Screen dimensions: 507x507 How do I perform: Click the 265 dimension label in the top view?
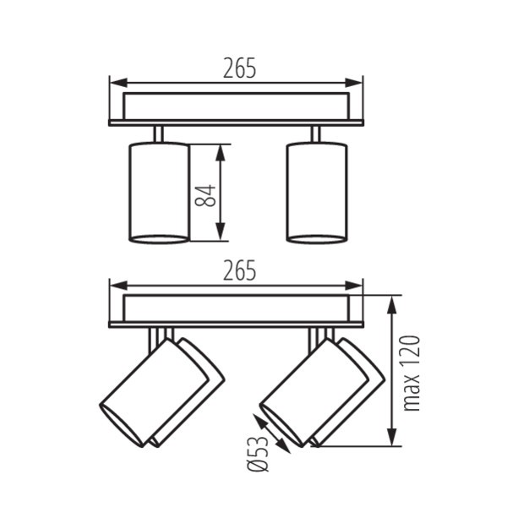tap(239, 68)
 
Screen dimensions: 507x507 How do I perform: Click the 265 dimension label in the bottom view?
tap(239, 270)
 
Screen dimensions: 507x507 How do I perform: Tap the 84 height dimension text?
tap(205, 196)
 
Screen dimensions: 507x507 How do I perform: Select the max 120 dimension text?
tap(411, 373)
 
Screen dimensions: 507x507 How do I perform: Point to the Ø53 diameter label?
tap(258, 454)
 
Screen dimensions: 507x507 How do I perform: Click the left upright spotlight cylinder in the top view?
tap(159, 193)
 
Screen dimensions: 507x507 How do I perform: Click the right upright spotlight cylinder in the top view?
tap(317, 193)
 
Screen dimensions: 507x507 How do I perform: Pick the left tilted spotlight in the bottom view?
tap(161, 393)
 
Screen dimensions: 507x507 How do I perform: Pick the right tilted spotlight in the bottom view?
tap(322, 393)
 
